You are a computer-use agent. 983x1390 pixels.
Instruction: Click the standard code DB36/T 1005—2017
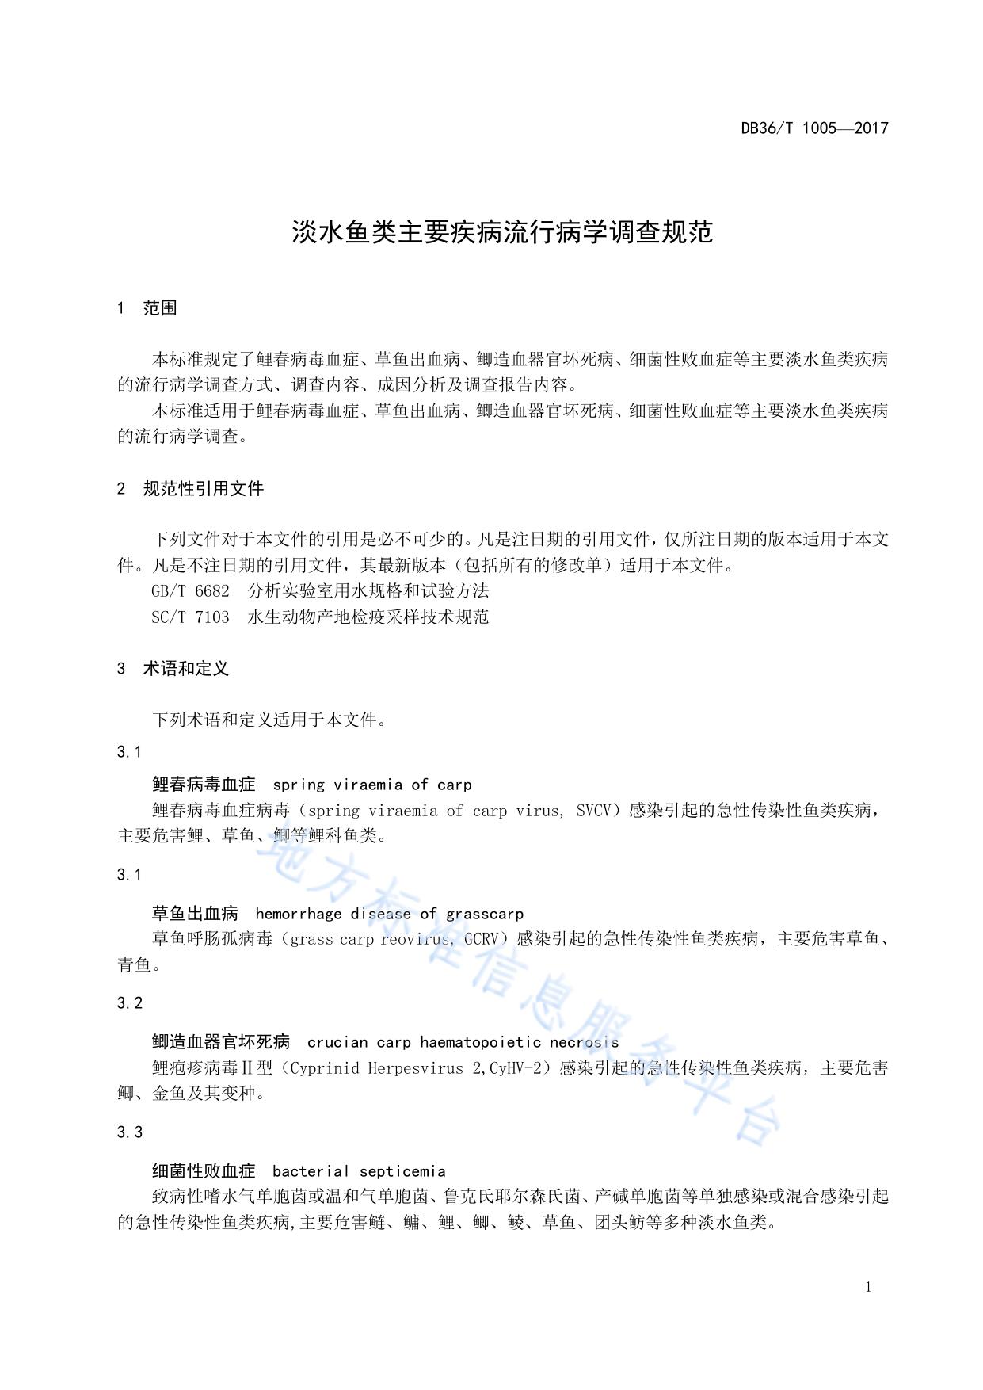tap(814, 128)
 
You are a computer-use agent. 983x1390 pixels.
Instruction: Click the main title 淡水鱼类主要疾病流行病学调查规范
tap(502, 232)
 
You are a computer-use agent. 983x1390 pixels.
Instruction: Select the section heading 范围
tap(160, 308)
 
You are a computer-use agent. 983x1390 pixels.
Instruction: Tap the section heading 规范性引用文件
tap(203, 489)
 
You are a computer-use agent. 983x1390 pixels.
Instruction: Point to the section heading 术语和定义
tap(185, 669)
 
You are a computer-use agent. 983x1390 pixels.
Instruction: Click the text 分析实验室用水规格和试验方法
tap(368, 591)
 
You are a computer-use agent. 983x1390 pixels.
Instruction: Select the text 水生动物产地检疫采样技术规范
tap(368, 617)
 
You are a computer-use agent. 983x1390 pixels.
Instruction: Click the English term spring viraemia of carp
tap(371, 785)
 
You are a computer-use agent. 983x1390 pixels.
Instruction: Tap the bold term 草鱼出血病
tap(195, 914)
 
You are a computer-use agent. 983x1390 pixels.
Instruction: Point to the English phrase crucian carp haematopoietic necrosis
tap(463, 1042)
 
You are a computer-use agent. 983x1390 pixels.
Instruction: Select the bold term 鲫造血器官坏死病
tap(221, 1042)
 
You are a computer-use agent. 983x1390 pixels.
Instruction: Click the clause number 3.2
tap(130, 1003)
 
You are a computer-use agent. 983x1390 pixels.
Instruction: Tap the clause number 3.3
tap(130, 1132)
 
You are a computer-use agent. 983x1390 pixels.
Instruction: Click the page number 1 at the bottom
tap(868, 1287)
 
